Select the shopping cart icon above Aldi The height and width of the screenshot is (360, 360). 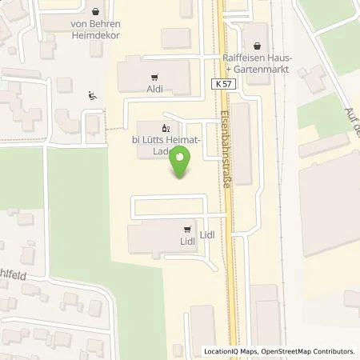154,78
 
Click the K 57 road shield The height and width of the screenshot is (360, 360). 225,83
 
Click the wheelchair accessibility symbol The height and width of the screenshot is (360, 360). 92,96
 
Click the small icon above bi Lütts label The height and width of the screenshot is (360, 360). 166,127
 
